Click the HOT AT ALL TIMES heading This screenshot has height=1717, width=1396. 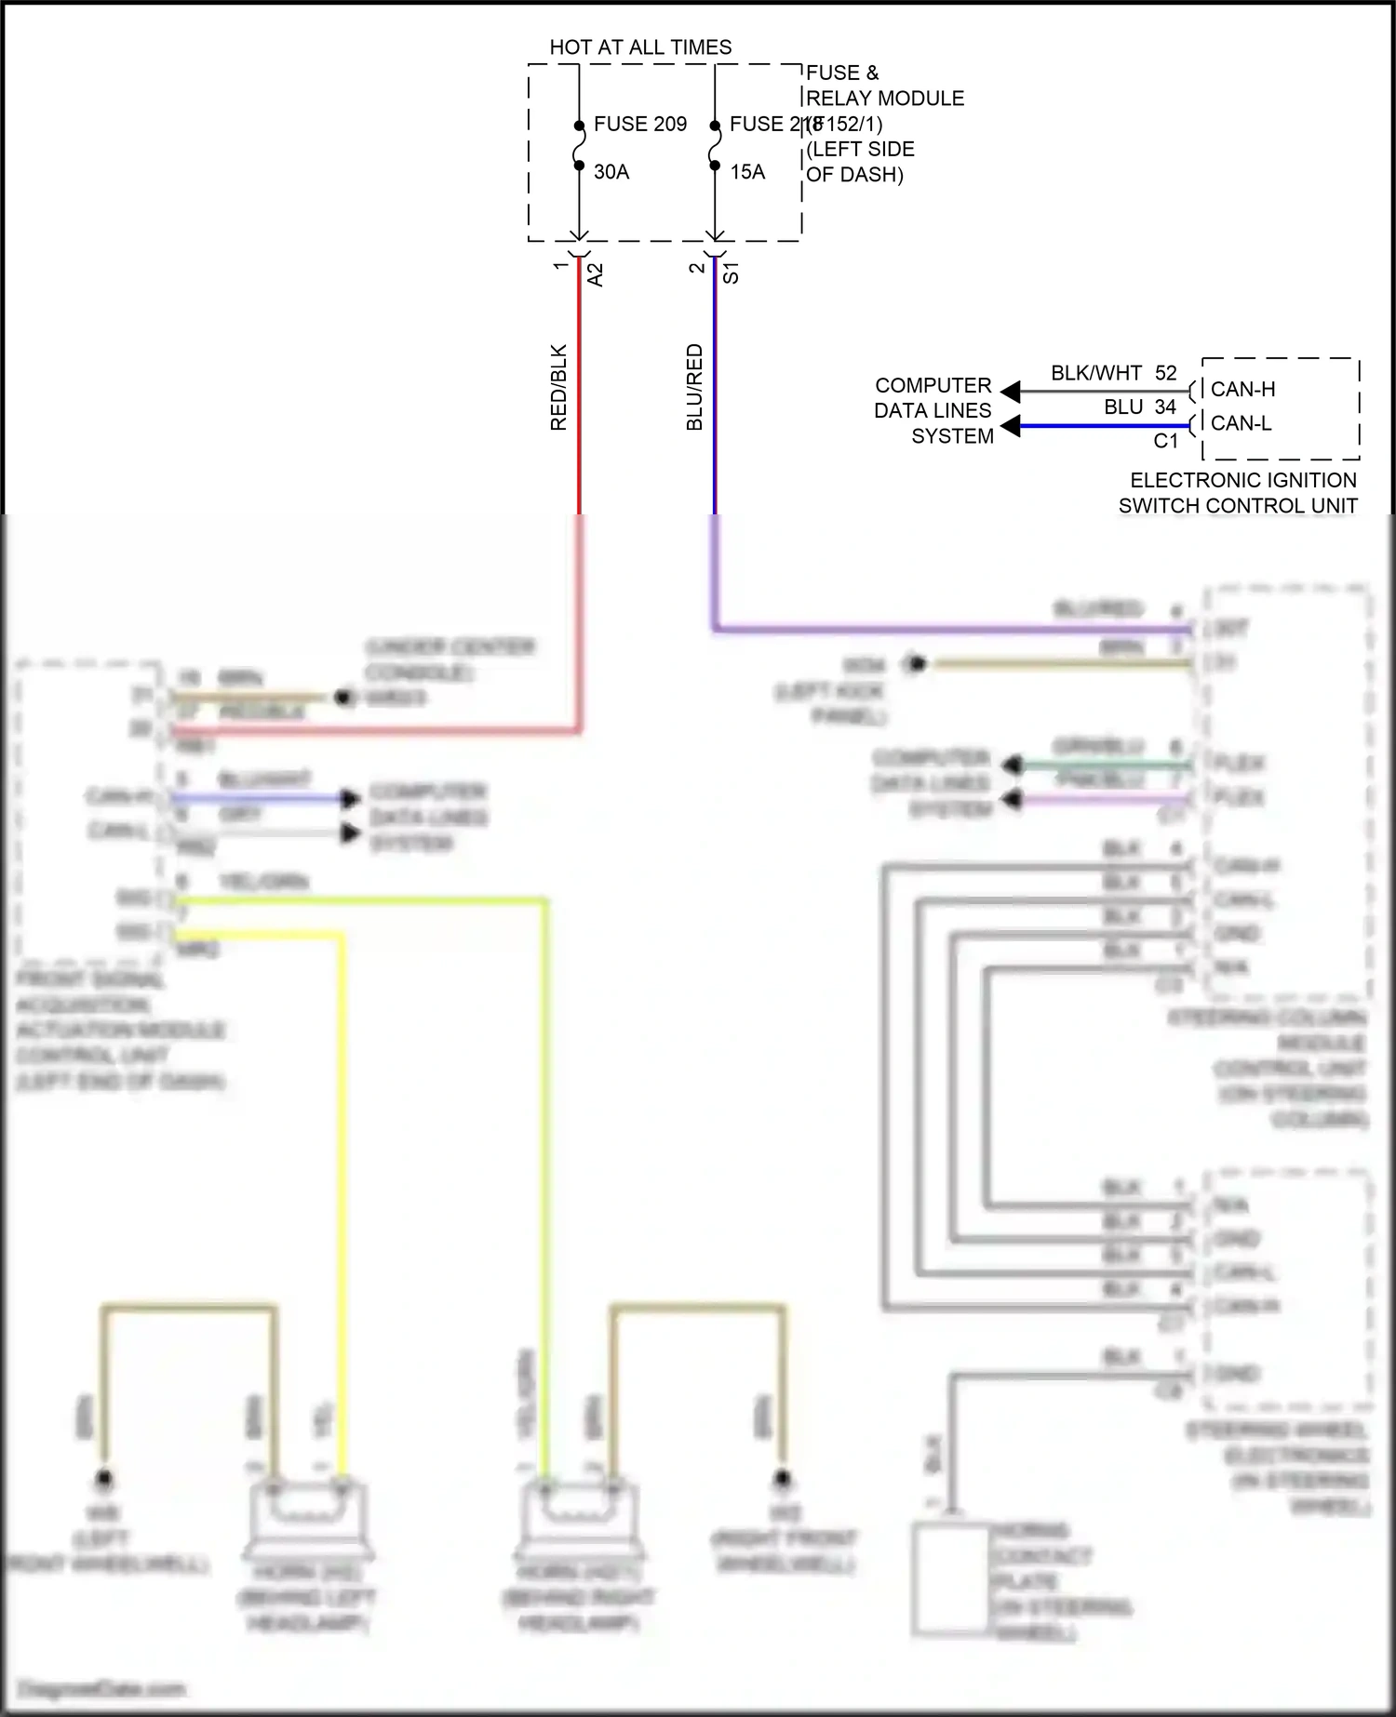pyautogui.click(x=640, y=47)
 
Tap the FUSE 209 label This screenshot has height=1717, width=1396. pyautogui.click(x=640, y=124)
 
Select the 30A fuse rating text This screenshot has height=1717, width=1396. pyautogui.click(x=611, y=172)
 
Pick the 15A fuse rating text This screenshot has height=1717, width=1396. pyautogui.click(x=747, y=172)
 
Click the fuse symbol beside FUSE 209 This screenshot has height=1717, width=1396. pyautogui.click(x=579, y=147)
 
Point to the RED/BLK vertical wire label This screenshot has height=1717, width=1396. pyautogui.click(x=558, y=387)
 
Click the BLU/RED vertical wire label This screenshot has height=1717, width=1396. pyautogui.click(x=694, y=387)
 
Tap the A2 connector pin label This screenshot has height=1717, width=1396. pyautogui.click(x=596, y=274)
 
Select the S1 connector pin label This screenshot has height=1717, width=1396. pyautogui.click(x=732, y=273)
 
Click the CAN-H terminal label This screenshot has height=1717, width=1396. pyautogui.click(x=1242, y=390)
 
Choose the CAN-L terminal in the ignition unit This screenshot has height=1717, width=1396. pyautogui.click(x=1241, y=423)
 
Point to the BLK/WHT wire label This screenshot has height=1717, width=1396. pyautogui.click(x=1096, y=373)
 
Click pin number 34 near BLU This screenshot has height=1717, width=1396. pyautogui.click(x=1165, y=407)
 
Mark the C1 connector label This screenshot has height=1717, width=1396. pyautogui.click(x=1166, y=441)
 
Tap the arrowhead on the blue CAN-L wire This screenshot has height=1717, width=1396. pyautogui.click(x=1009, y=427)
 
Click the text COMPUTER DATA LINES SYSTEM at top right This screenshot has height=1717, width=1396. pyautogui.click(x=933, y=410)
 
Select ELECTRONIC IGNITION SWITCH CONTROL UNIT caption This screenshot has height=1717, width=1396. pyautogui.click(x=1239, y=493)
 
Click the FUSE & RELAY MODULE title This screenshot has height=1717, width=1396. pyautogui.click(x=884, y=86)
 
